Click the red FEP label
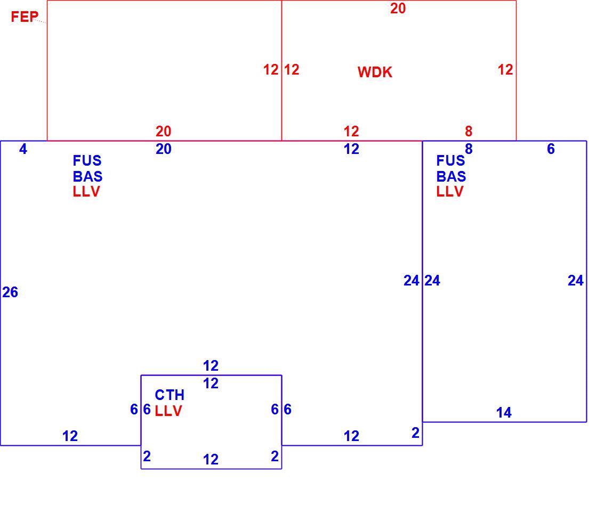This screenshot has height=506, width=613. click(24, 17)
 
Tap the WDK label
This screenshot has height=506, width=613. click(375, 72)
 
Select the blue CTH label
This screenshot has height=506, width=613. click(170, 395)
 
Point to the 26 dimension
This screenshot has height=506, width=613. click(10, 292)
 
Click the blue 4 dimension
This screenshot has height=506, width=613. click(23, 149)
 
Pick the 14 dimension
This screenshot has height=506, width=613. click(504, 412)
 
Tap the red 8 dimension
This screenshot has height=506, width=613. click(469, 131)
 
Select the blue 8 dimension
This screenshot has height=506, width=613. click(469, 149)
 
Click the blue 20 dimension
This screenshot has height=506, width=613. click(164, 149)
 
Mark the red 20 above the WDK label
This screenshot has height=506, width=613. click(398, 8)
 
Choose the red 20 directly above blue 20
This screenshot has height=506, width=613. click(164, 131)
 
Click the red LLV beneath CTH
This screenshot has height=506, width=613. click(168, 411)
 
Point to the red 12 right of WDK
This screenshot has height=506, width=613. click(505, 70)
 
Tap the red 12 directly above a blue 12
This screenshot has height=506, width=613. click(351, 131)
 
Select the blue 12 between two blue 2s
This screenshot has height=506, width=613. click(211, 459)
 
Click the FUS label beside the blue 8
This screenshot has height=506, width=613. click(450, 161)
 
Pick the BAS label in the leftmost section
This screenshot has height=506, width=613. click(87, 177)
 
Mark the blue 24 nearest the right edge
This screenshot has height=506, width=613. click(576, 281)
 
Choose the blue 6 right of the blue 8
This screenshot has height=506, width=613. click(551, 149)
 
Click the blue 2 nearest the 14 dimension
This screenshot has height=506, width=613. click(416, 433)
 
